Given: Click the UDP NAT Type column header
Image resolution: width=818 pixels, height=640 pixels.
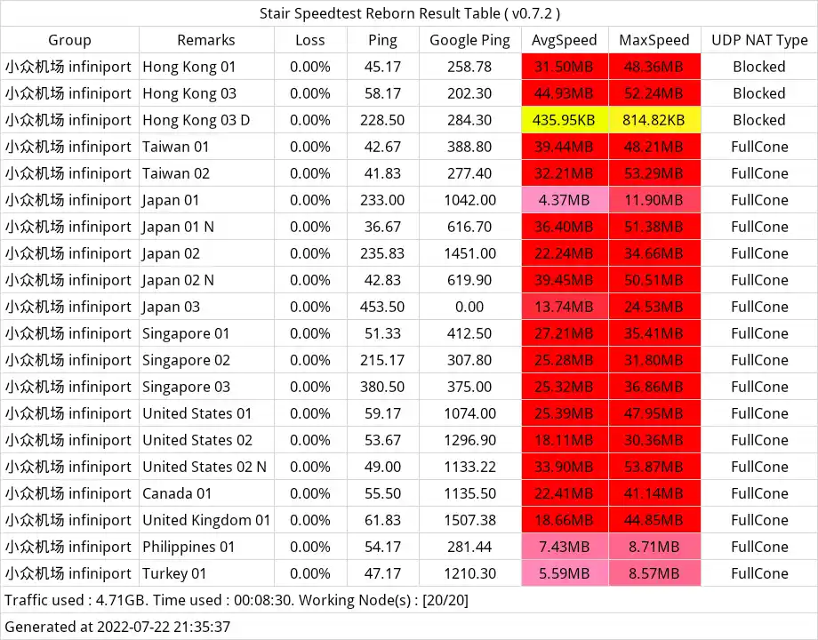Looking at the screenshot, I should click(758, 40).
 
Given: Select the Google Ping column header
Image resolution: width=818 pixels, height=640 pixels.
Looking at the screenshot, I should click(470, 40).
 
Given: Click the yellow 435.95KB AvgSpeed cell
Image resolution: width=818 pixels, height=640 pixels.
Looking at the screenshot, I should click(565, 120).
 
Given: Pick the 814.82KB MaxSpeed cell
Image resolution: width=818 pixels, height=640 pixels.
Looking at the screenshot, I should click(654, 120).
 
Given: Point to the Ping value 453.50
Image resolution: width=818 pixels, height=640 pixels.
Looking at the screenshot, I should click(383, 307).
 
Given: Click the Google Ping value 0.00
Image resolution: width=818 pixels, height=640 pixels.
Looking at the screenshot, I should click(470, 307).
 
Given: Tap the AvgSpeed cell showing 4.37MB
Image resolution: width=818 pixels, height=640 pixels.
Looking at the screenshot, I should click(565, 200).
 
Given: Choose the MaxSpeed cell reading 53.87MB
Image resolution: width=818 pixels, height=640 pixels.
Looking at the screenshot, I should click(654, 467).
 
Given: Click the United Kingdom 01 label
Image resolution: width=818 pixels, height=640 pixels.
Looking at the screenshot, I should click(206, 520).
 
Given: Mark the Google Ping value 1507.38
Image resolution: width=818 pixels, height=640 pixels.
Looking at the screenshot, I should click(470, 520).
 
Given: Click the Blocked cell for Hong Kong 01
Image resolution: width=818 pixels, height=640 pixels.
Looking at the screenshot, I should click(758, 67).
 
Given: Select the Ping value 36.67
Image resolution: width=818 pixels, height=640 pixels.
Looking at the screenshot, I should click(383, 227).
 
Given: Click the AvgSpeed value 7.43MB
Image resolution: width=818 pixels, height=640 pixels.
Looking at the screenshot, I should click(565, 547).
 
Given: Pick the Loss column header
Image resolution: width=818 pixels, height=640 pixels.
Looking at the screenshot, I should click(310, 40).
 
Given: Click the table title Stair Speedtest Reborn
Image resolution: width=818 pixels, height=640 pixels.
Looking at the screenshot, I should click(409, 13).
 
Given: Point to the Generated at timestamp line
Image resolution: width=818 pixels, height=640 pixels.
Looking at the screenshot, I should click(117, 627).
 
